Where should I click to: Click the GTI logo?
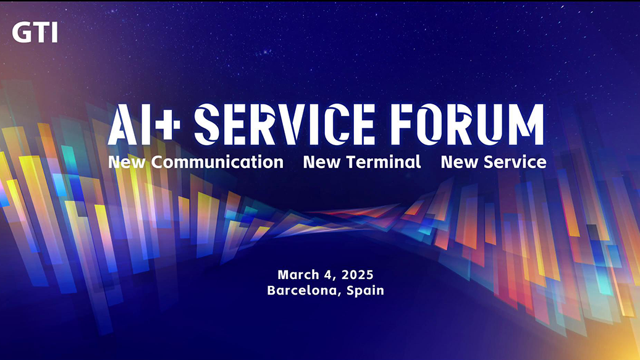coord(35,32)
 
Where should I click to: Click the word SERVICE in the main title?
coord(285,125)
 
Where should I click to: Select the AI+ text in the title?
coord(144,125)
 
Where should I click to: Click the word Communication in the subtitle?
coord(217,162)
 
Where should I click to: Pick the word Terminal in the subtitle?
coord(384,162)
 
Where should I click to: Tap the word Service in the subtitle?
coord(515,162)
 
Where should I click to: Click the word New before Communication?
coord(127,162)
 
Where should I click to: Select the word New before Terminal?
coord(322,162)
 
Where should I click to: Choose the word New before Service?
coord(460,162)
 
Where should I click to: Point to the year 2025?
coord(358,275)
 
